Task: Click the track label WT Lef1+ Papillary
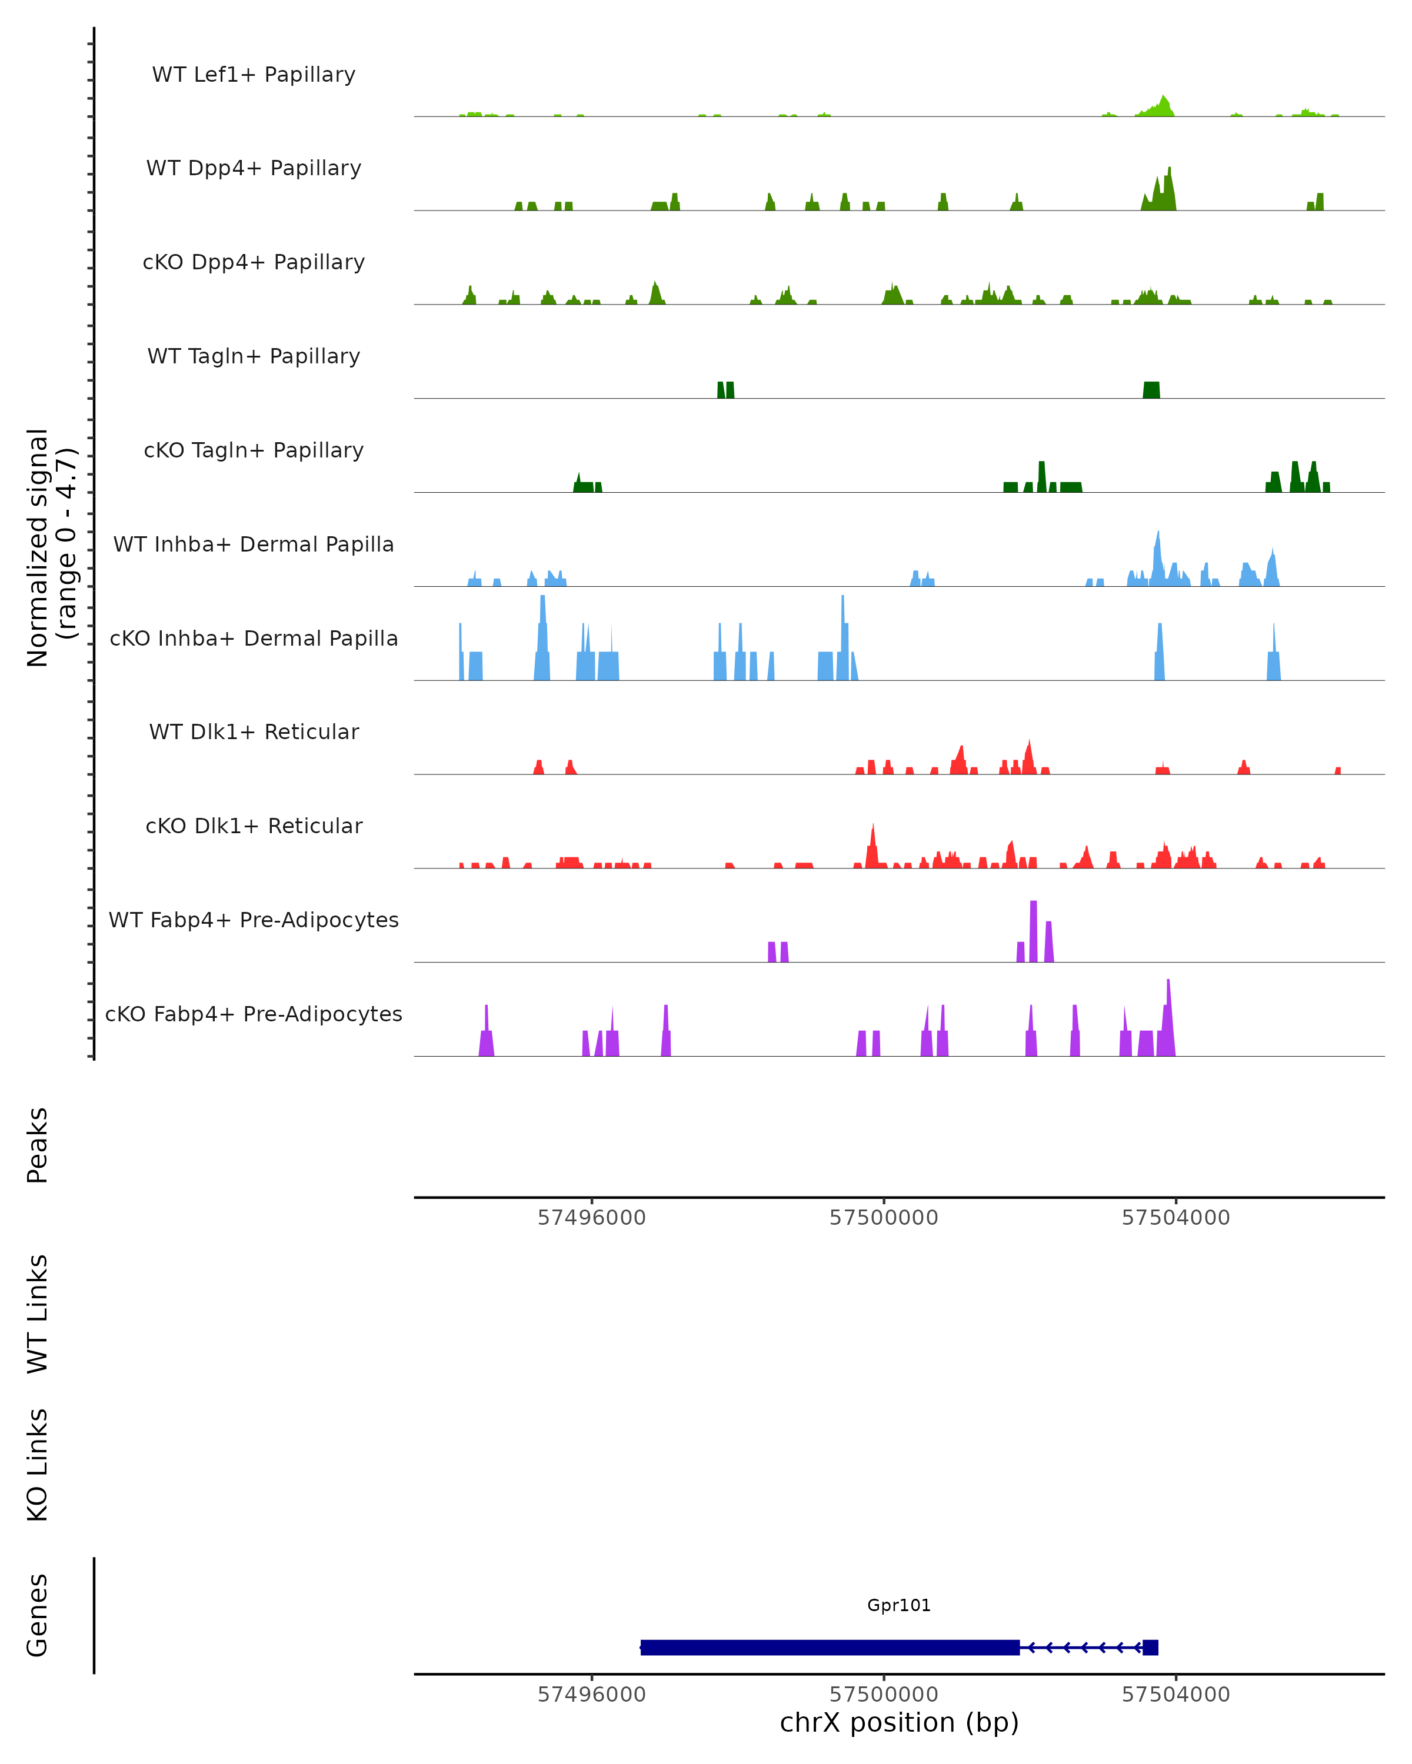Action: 254,75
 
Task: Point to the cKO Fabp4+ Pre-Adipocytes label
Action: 254,1014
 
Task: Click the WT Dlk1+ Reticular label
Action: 254,731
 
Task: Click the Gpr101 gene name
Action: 899,1605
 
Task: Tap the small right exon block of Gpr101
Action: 1150,1647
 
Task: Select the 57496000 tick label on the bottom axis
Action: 591,1695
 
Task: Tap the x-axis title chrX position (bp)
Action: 899,1723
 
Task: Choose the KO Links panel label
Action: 38,1465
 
